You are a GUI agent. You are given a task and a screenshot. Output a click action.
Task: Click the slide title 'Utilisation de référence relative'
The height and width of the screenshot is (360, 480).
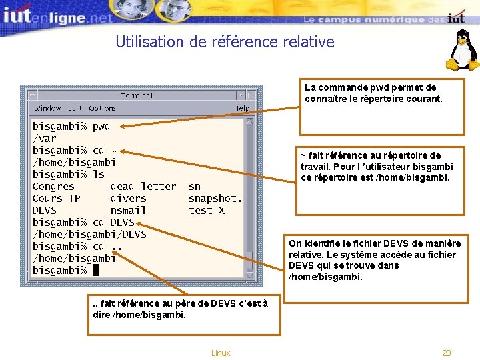(x=225, y=42)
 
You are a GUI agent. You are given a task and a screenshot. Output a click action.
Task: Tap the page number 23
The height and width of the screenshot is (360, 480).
(x=447, y=353)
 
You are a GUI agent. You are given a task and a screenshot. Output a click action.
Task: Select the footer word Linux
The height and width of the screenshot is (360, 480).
(x=220, y=353)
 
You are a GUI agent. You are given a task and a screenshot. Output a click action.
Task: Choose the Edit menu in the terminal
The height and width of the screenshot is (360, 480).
(x=75, y=108)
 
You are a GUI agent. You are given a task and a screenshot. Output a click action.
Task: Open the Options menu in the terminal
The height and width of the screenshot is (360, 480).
(x=102, y=108)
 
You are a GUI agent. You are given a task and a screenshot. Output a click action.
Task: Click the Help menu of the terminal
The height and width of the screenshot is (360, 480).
(x=243, y=108)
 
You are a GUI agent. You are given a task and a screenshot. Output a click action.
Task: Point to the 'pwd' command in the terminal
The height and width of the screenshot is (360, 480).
(x=101, y=126)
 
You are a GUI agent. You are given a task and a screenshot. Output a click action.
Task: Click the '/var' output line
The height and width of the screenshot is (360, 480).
(x=45, y=138)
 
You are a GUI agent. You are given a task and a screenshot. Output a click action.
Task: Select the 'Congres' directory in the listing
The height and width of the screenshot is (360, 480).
(x=53, y=187)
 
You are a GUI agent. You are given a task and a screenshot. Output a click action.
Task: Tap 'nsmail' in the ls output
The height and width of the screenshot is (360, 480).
(x=128, y=211)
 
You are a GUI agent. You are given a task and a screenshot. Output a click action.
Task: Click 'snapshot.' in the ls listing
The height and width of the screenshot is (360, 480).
(x=215, y=199)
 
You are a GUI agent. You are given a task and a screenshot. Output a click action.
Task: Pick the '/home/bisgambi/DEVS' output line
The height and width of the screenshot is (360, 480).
(x=89, y=235)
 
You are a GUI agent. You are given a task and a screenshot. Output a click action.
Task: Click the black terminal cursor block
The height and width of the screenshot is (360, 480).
(x=95, y=270)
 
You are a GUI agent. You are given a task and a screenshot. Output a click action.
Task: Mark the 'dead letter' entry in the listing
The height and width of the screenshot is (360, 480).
(x=143, y=187)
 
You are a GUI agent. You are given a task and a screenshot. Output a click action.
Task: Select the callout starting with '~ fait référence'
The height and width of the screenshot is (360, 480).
(x=380, y=181)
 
